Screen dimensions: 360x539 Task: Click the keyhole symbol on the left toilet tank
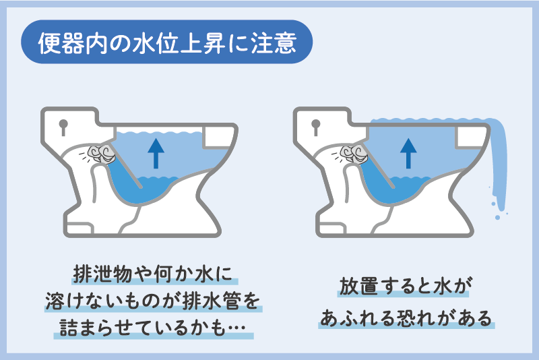[x=63, y=126]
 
